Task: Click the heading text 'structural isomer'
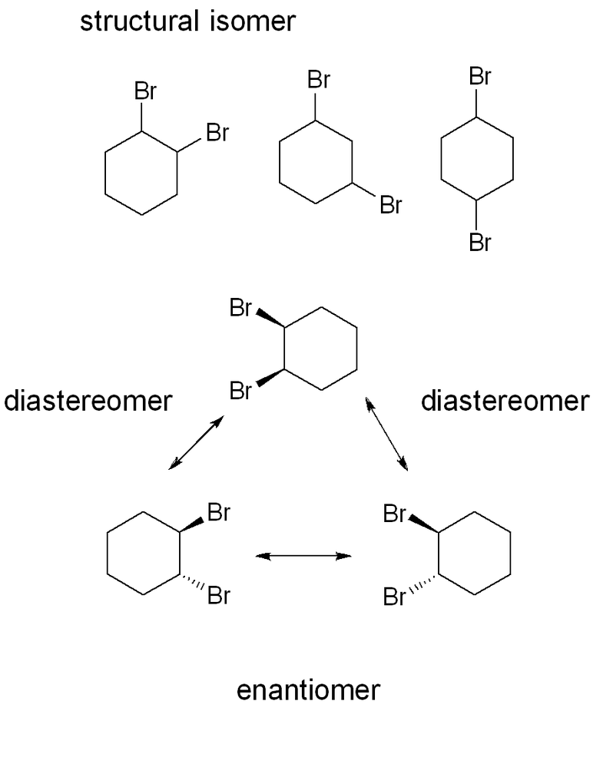[187, 21]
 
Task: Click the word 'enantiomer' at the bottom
[307, 690]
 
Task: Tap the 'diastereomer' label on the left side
[88, 401]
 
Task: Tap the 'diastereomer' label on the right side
[505, 401]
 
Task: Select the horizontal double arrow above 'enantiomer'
[303, 555]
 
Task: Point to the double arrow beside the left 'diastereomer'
[196, 443]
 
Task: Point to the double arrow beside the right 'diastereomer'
[386, 433]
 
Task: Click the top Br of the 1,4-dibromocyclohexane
[479, 77]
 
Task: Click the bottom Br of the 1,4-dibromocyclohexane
[479, 243]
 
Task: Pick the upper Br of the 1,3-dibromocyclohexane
[318, 79]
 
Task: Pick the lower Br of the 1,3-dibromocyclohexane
[390, 206]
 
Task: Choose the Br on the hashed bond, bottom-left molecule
[219, 596]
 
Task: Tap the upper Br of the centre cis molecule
[240, 309]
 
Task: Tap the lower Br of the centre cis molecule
[240, 392]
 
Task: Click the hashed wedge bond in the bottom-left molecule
[192, 584]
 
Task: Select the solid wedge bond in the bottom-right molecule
[422, 523]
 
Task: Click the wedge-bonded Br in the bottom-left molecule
[219, 513]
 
